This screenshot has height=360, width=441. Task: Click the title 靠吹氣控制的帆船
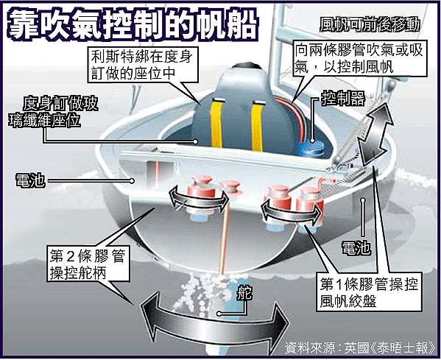(132, 26)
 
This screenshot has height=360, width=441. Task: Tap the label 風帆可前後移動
(370, 25)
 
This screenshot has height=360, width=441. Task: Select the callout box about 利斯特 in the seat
(143, 65)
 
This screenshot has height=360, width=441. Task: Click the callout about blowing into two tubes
(360, 59)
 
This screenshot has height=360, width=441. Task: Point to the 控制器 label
(343, 98)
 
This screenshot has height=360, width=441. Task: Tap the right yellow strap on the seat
(257, 126)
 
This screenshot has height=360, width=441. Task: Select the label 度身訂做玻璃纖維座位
(53, 112)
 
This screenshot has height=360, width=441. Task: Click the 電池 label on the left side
(30, 180)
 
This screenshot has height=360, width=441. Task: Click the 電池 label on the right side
(356, 248)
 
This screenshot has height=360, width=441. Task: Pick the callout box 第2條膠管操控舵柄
(88, 264)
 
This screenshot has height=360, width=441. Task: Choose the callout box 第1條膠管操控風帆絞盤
(369, 292)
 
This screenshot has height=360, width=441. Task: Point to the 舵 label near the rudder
(244, 293)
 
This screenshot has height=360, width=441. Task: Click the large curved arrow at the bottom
(214, 323)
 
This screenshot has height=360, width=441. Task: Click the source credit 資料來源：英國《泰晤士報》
(360, 348)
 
